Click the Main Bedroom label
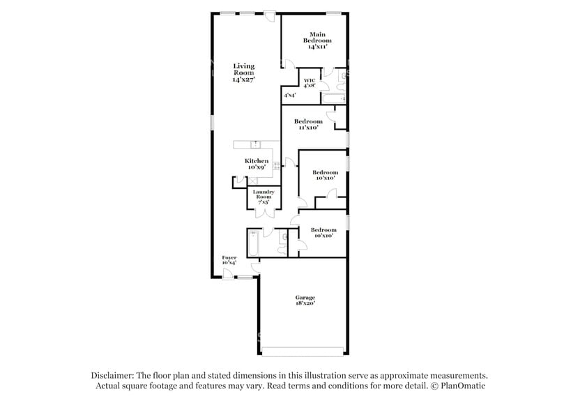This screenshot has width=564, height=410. click(317, 40)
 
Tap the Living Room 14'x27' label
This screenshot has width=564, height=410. click(243, 73)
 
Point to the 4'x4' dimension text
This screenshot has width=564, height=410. click(289, 95)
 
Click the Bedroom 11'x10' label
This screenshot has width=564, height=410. click(308, 124)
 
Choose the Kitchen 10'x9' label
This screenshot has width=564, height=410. click(257, 164)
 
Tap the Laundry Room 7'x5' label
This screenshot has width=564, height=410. click(263, 197)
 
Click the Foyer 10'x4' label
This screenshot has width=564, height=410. click(229, 259)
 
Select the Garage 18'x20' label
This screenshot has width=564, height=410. click(304, 301)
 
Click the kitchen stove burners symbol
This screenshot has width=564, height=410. click(276, 165)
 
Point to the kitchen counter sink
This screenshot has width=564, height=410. click(257, 144)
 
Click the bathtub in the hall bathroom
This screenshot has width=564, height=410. click(254, 242)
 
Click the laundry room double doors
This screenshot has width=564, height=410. click(263, 213)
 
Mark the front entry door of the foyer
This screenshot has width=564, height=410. click(228, 273)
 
